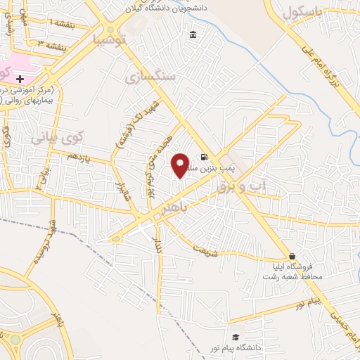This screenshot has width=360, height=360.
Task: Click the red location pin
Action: [180, 165]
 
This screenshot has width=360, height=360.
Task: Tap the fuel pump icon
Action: [204, 157]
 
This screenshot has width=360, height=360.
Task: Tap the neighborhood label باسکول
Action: [303, 15]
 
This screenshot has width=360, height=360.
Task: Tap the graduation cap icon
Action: [236, 337]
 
